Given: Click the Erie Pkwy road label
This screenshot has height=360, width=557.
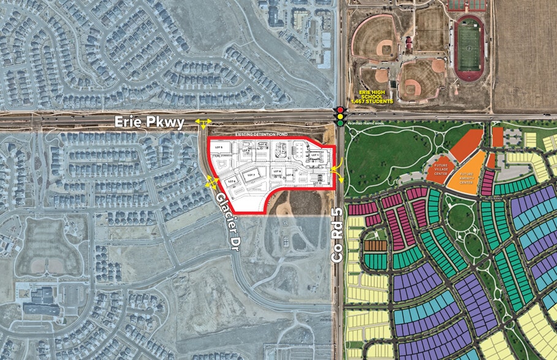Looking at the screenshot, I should tap(150, 123).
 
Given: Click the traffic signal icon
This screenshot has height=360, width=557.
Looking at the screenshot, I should tap(339, 116).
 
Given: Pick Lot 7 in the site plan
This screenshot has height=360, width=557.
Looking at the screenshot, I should tap(250, 175).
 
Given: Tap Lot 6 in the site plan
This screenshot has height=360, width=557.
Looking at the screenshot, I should tap(231, 181).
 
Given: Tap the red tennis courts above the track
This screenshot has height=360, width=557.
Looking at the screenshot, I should tap(466, 6).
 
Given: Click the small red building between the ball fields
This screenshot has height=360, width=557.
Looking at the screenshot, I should tap(407, 43).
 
